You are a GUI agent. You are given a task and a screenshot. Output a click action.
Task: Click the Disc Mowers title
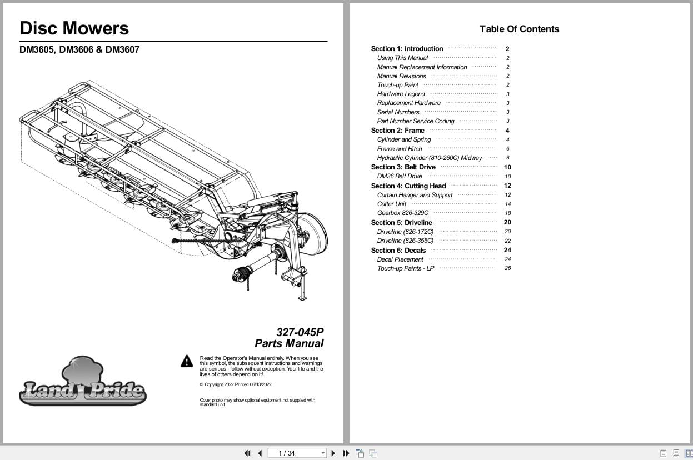point(74,28)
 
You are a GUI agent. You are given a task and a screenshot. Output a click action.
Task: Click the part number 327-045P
point(300,332)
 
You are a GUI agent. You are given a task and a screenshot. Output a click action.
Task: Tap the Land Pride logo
point(82,384)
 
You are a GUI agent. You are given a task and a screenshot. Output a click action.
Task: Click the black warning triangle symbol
point(187,361)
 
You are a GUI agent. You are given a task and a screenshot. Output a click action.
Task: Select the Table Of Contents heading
point(519,29)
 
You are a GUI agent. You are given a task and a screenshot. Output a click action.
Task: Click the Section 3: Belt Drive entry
point(403,167)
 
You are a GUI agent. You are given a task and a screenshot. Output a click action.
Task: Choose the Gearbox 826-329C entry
point(402,213)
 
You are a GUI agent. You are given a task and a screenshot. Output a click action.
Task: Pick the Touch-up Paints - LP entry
point(405,268)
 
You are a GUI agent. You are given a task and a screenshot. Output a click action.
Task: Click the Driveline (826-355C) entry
point(405,241)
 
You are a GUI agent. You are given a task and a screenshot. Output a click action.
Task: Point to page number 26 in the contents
point(507,268)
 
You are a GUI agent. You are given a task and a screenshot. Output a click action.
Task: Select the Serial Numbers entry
point(398,112)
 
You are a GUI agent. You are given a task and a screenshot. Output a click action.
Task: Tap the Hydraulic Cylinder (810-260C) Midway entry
point(429,158)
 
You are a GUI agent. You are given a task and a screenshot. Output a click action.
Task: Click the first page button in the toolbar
point(247,453)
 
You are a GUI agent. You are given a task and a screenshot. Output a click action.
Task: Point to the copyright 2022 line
point(235,384)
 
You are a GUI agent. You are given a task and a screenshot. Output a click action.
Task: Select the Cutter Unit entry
point(391,204)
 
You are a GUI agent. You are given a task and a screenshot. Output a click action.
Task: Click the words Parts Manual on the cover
point(289,343)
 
